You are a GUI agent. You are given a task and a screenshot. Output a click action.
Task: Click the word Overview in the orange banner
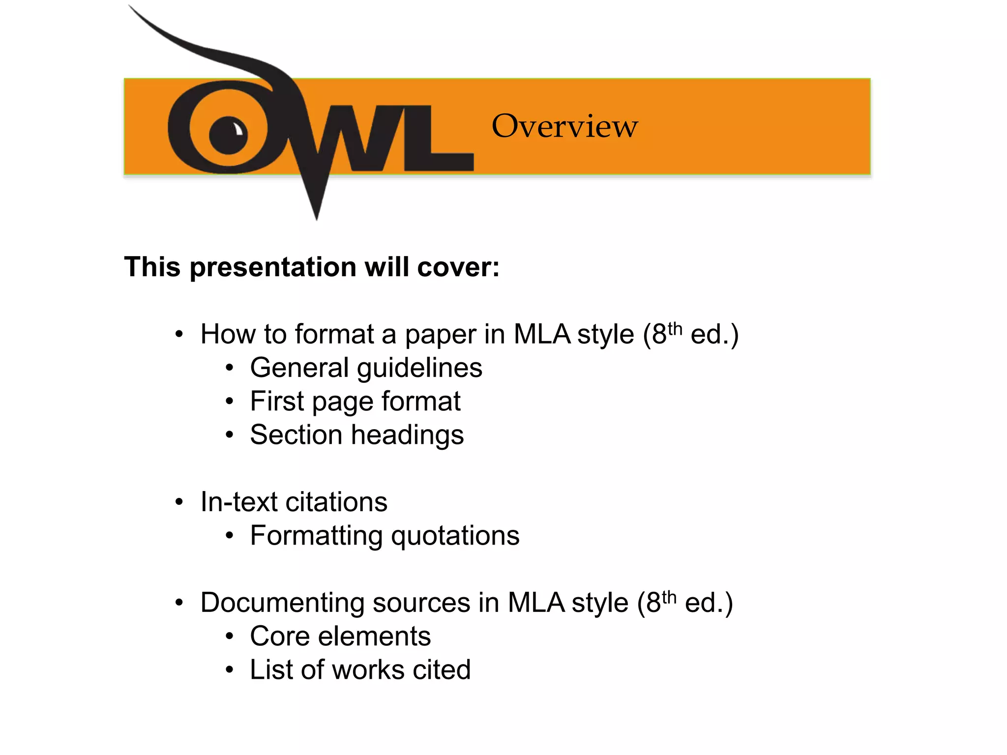[x=564, y=126]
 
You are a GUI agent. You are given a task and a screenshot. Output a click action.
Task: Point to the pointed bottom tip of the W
[x=317, y=216]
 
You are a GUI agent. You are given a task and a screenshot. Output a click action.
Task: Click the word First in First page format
[x=277, y=401]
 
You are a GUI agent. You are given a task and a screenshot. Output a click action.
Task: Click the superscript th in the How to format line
[x=675, y=328]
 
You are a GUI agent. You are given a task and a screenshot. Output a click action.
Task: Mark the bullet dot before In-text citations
[x=179, y=502]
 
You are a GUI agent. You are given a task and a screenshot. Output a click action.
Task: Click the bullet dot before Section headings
[x=229, y=435]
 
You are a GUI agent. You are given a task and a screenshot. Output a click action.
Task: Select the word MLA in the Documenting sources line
[x=536, y=603]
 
